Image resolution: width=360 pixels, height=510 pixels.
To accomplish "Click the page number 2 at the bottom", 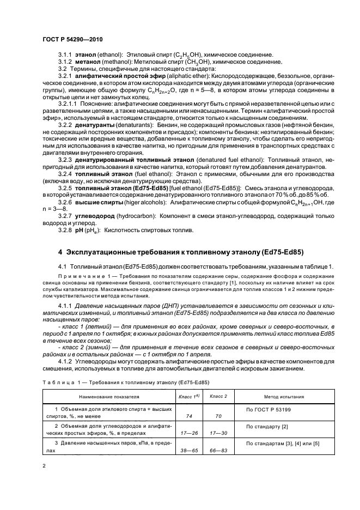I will tap(44, 466).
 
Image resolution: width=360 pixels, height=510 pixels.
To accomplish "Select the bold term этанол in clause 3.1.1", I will tap(86, 56).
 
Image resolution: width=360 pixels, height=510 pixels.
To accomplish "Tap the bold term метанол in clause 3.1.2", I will tap(88, 62).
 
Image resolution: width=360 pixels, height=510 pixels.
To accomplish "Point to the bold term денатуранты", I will tap(98, 125).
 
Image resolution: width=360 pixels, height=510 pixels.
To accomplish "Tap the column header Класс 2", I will tap(218, 397).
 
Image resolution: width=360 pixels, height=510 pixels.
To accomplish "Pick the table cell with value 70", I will tap(218, 415).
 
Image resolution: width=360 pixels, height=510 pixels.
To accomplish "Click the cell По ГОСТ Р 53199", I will tap(269, 408).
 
